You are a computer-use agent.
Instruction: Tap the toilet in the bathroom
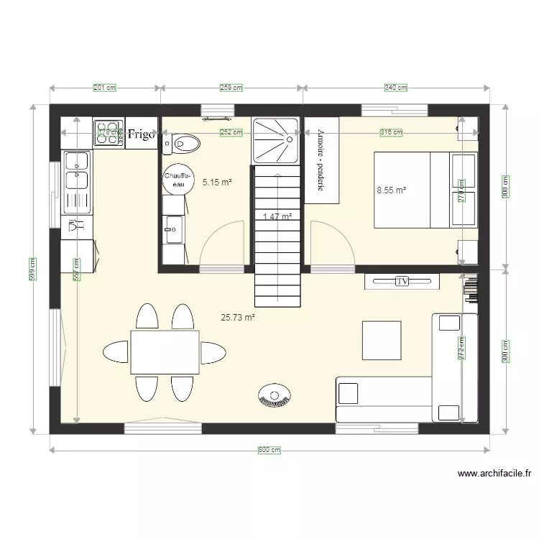[180, 144]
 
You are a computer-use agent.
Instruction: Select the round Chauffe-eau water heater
[177, 180]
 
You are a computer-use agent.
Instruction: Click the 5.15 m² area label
[217, 183]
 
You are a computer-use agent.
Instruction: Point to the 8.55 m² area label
[392, 190]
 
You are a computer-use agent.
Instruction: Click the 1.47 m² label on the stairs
[277, 216]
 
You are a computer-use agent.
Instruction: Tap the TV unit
[402, 281]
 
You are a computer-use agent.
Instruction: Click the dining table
[165, 352]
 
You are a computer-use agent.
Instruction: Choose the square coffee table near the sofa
[382, 340]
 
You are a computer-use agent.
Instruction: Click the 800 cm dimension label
[269, 450]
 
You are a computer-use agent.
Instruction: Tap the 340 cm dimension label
[396, 88]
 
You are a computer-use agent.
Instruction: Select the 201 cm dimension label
[105, 88]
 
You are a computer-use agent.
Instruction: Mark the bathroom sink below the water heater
[173, 230]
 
